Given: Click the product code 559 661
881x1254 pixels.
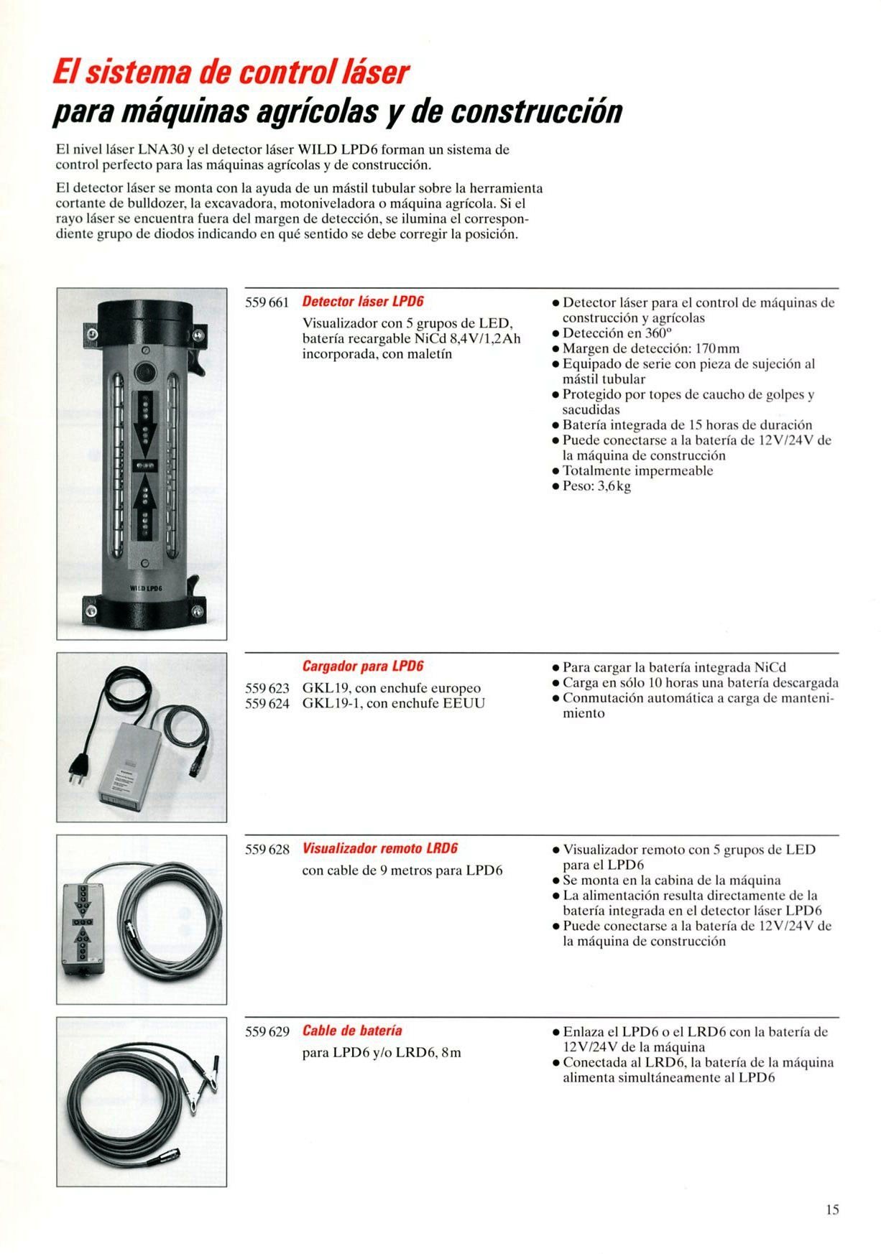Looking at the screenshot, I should (267, 302).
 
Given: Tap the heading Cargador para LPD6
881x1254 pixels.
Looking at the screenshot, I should (362, 667).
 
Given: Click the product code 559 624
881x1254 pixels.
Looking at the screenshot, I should (267, 704).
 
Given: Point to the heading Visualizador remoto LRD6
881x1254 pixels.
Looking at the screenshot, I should (379, 849).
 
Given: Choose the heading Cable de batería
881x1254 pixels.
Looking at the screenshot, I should (352, 1031).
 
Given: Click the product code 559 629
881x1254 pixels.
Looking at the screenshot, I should (267, 1032).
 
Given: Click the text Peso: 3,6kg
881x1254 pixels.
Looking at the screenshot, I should (596, 486).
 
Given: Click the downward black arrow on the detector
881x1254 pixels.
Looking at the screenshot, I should (145, 424).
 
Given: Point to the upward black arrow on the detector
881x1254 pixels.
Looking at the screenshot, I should (145, 497).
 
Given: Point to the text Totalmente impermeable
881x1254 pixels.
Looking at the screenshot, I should (637, 471).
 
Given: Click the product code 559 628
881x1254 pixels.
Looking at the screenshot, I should (267, 850).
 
